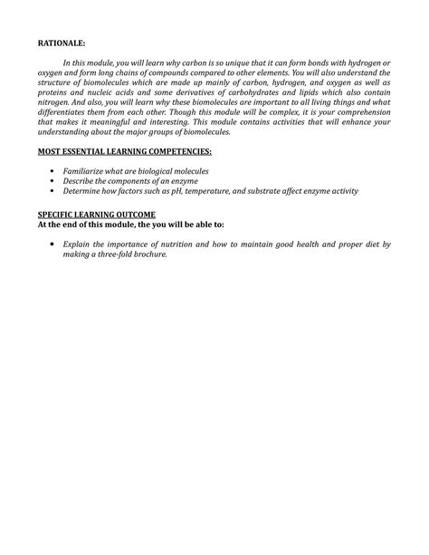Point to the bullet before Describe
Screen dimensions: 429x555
click(x=54, y=180)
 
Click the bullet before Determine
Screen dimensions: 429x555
click(x=54, y=190)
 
